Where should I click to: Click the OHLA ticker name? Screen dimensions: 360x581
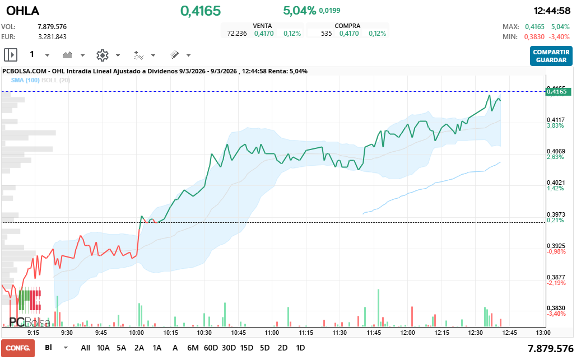coord(18,11)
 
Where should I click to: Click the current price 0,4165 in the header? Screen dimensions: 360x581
coord(200,11)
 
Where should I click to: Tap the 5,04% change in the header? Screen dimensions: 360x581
coord(299,11)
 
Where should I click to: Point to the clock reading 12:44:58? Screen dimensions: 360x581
coord(551,11)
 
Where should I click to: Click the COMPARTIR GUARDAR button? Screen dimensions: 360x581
coord(551,56)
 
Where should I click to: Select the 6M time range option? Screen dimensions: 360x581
coord(193,348)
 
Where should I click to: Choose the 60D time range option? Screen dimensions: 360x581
coord(211,348)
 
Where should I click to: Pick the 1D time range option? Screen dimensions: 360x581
coord(300,348)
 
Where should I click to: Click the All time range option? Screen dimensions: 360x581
coord(85,348)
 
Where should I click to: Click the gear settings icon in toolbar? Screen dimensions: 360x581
coord(102,55)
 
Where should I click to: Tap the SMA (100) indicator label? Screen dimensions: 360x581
coord(25,80)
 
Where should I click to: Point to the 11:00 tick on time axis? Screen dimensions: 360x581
coord(272,332)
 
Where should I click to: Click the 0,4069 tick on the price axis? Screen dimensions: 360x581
coord(556,151)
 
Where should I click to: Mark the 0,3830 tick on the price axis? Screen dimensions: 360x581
coord(556,308)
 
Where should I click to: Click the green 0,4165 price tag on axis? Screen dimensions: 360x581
coord(558,91)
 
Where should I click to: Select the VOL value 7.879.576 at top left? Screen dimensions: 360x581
coord(52,26)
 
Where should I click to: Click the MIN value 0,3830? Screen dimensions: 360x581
coord(534,37)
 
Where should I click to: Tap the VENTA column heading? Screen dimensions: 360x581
coord(263,26)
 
